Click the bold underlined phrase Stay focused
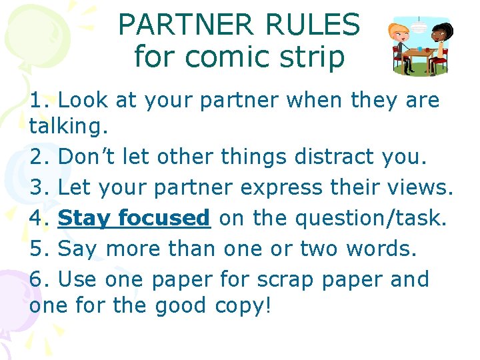click(x=134, y=217)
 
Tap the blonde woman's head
click(x=401, y=31)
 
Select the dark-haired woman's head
click(x=441, y=31)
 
